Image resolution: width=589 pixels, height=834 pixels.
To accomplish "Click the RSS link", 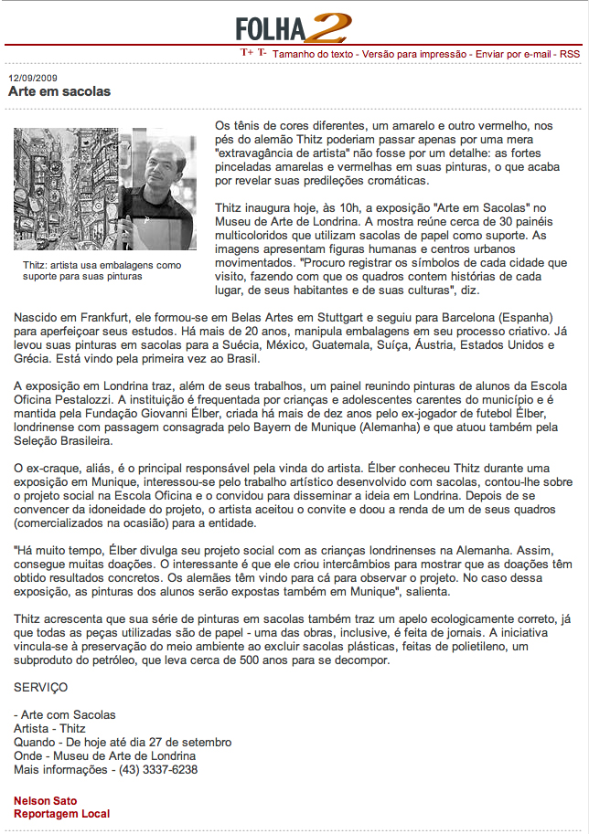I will pos(569,54).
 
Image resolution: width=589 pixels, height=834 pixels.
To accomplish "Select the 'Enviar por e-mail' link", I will pos(512,54).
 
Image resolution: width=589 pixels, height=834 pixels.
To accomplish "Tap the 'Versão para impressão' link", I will pos(413,54).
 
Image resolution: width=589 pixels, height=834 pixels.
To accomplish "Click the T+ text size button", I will pos(246,53).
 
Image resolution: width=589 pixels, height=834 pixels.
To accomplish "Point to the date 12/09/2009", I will pos(33,78).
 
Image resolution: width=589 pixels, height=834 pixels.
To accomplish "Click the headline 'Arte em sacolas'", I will pos(59,91).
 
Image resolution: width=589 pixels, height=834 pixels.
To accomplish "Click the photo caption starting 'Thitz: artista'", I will pos(102,269).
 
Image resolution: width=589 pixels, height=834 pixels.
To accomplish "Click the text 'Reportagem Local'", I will pos(61,813).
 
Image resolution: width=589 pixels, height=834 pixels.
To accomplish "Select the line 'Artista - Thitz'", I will pos(50,728).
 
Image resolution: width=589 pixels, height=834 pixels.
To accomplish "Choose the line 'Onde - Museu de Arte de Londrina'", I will pos(105,755).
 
